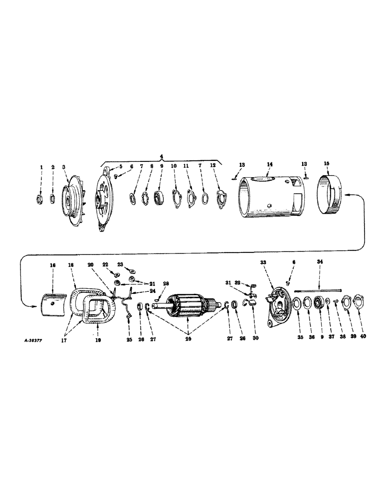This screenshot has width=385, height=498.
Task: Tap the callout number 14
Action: pos(269,164)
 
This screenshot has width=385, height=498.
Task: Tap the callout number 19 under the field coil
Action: pos(98,342)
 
